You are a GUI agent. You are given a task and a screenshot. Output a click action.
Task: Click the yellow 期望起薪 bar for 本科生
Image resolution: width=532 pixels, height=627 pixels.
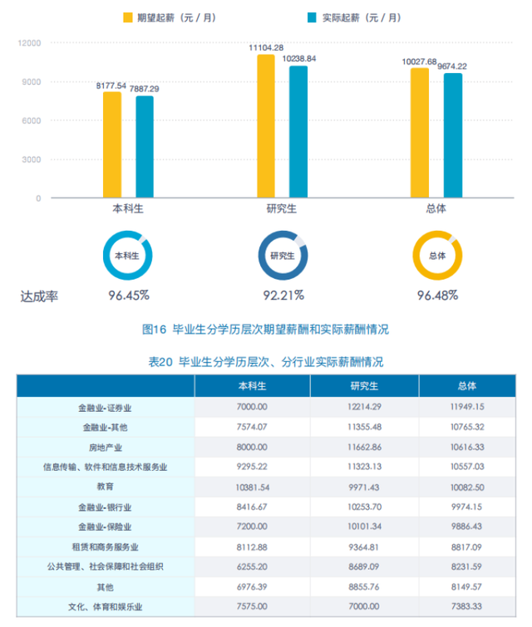pyautogui.click(x=112, y=145)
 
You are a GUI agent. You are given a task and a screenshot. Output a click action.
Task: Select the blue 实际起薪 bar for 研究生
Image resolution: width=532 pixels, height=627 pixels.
pyautogui.click(x=298, y=132)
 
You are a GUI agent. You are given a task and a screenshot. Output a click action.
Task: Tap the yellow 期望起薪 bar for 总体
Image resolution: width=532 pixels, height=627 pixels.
pyautogui.click(x=420, y=133)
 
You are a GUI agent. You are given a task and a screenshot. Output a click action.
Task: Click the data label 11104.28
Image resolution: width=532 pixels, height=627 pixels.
pyautogui.click(x=265, y=47)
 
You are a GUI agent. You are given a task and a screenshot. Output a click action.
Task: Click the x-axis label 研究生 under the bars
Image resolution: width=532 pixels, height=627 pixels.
pyautogui.click(x=282, y=210)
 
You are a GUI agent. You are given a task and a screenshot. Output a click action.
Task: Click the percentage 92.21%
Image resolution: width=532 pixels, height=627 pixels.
pyautogui.click(x=283, y=295)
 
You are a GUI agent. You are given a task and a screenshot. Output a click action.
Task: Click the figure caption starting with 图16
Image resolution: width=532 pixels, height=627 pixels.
pyautogui.click(x=265, y=330)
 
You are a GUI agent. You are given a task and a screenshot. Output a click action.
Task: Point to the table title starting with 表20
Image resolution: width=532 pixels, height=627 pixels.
pyautogui.click(x=265, y=361)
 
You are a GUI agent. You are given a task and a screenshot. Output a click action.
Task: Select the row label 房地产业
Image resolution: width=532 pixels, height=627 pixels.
pyautogui.click(x=105, y=446)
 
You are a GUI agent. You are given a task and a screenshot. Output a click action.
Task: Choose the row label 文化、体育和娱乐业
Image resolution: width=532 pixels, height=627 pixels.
pyautogui.click(x=105, y=607)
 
